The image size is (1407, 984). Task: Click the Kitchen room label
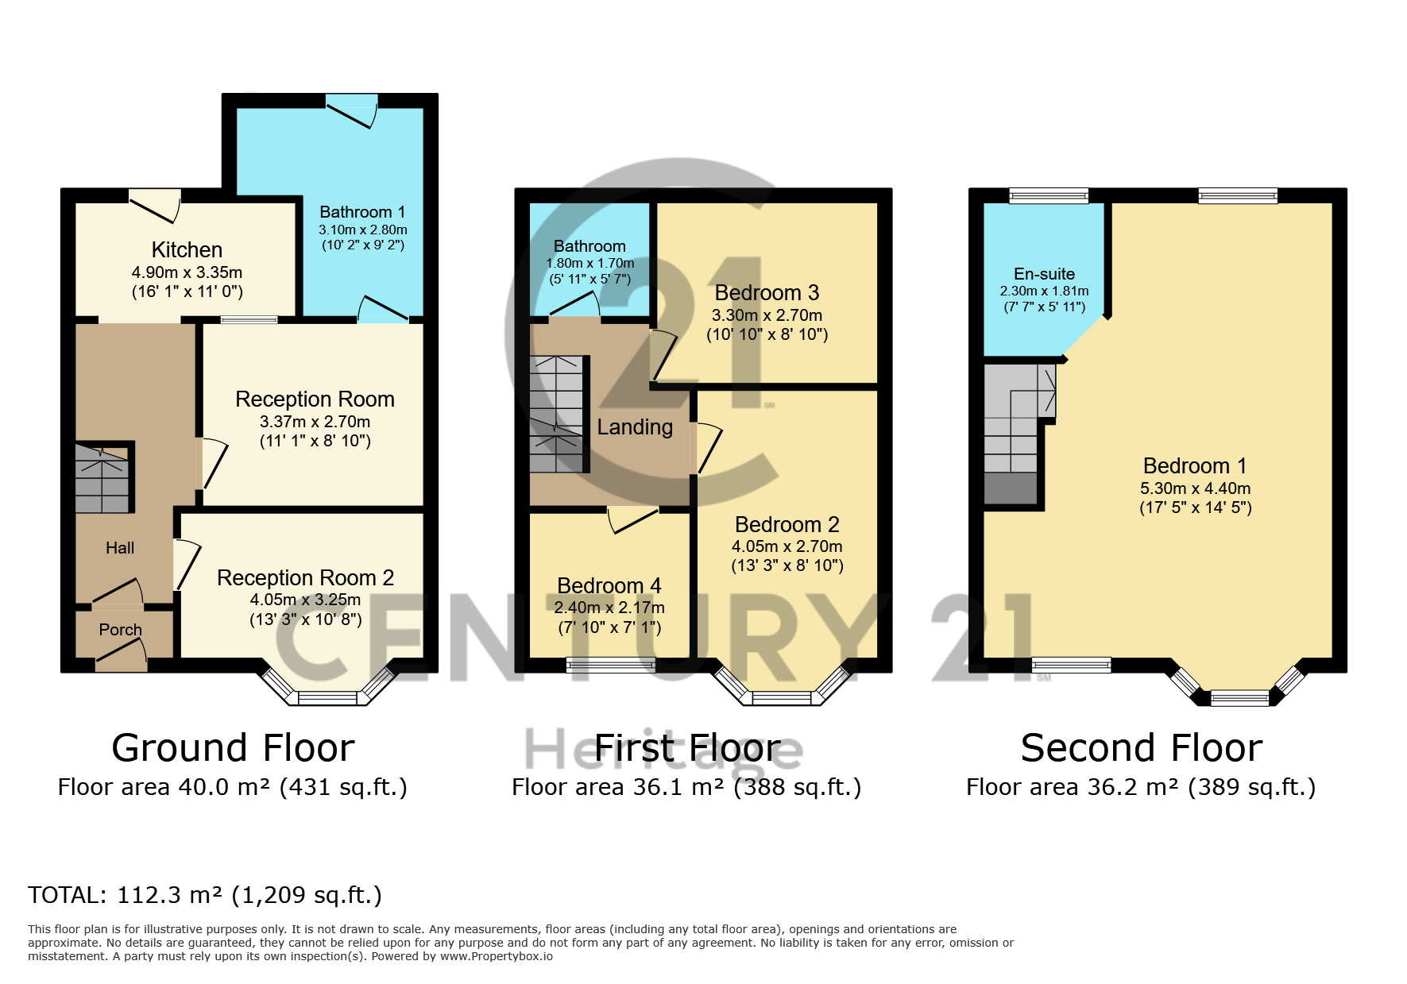point(187,250)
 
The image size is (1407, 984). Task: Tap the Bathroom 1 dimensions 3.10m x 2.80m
point(362,230)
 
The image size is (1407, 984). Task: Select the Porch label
point(120,630)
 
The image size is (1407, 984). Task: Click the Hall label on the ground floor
point(120,548)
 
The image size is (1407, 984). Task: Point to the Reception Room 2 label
point(305,577)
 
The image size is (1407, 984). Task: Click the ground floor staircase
point(102,479)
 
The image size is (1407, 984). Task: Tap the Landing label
point(634,427)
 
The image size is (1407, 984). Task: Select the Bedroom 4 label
point(609,585)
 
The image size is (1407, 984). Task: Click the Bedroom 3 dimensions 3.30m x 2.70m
point(767,315)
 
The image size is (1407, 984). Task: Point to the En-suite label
point(1044,274)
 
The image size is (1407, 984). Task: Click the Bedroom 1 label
point(1194,465)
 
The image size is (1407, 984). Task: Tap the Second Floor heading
point(1141,748)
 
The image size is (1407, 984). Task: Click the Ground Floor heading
point(233,748)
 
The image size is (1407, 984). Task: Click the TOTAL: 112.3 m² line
point(205,895)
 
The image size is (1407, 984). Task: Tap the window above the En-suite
point(1048,195)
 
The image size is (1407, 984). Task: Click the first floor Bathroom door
point(574,305)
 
